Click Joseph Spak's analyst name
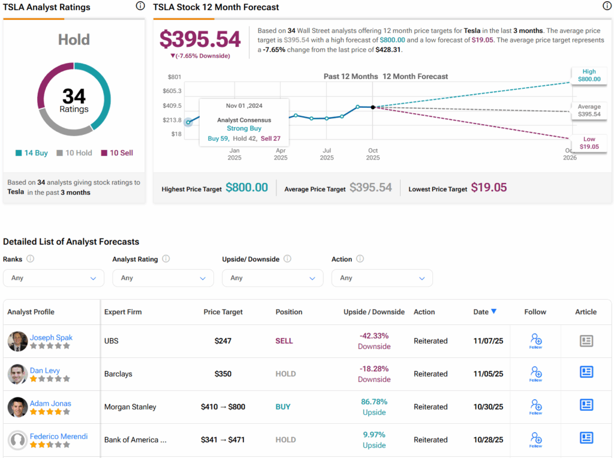(x=51, y=338)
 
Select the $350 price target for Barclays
(x=223, y=373)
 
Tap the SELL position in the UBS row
(x=284, y=341)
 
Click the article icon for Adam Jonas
(x=586, y=405)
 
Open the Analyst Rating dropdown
(x=163, y=278)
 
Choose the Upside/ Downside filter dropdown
(x=272, y=278)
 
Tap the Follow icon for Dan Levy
(x=535, y=373)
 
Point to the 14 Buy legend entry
(x=32, y=153)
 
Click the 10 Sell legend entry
(x=117, y=153)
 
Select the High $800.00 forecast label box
(x=589, y=75)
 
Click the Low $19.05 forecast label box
(x=589, y=143)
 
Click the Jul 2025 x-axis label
(x=327, y=154)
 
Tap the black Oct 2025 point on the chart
(x=373, y=107)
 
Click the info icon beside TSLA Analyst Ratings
(x=140, y=7)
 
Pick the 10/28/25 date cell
(x=484, y=439)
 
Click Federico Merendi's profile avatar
(x=17, y=440)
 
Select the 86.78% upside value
(x=374, y=402)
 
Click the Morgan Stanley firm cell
(x=130, y=406)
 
